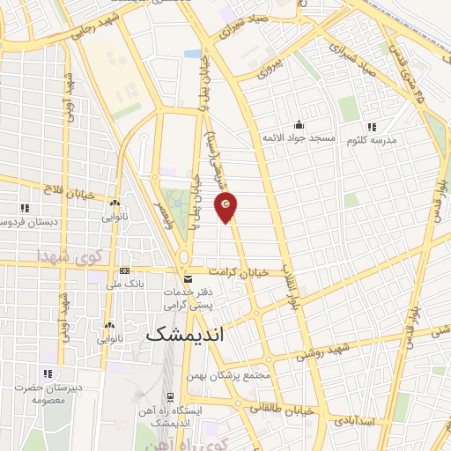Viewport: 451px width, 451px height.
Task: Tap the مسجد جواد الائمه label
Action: click(299, 138)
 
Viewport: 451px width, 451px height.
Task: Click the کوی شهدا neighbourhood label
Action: click(70, 257)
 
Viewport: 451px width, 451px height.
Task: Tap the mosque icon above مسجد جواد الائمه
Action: click(299, 125)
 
